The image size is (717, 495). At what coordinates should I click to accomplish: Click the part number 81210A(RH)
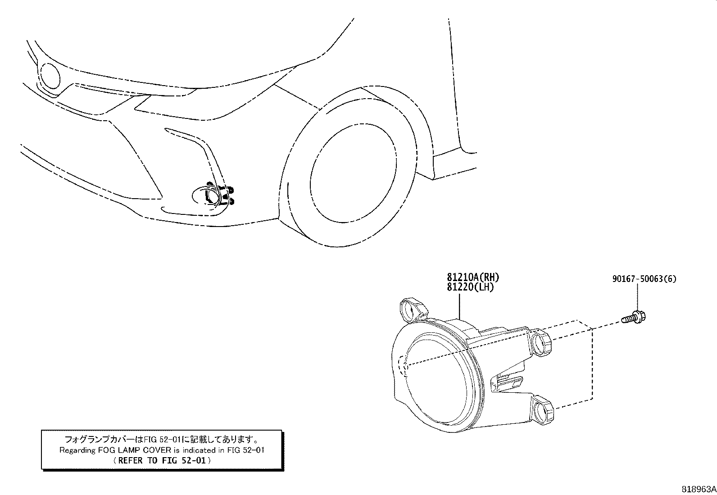[x=473, y=277]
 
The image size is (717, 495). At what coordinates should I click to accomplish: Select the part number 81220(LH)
[x=471, y=287]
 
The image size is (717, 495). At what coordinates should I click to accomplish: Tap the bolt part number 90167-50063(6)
[x=644, y=279]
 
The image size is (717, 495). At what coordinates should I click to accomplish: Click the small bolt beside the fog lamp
[x=634, y=317]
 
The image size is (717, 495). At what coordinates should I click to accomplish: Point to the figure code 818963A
[x=699, y=489]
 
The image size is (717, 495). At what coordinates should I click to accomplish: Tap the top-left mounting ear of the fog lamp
[x=413, y=309]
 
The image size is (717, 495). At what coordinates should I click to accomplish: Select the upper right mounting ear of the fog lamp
[x=541, y=343]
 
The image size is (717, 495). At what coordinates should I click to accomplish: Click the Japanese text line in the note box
[x=162, y=439]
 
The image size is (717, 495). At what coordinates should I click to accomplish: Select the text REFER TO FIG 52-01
[x=162, y=460]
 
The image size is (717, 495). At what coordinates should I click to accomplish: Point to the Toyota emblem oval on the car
[x=50, y=76]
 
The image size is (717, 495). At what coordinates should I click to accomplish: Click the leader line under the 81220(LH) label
[x=460, y=307]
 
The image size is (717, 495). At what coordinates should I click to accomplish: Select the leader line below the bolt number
[x=637, y=297]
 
